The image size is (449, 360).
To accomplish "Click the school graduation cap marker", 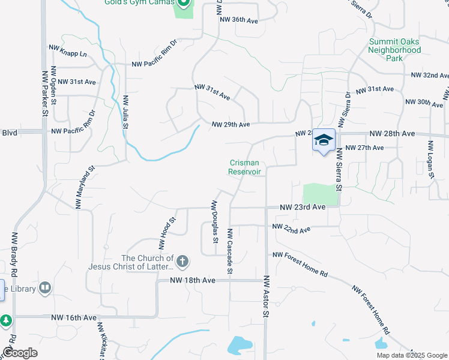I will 324,140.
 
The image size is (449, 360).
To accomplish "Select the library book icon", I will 44,289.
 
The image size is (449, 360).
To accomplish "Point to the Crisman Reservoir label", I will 246,167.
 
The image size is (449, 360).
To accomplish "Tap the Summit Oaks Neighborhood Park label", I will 394,50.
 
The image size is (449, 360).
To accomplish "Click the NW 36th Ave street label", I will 238,20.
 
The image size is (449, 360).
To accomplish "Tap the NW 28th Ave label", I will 392,133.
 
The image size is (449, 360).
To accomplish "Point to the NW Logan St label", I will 430,160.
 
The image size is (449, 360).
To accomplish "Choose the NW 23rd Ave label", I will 303,207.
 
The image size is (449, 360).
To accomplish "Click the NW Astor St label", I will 265,296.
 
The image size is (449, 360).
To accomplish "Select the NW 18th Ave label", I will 192,280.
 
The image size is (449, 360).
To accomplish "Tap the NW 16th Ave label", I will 74,317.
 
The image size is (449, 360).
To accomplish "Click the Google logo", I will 20,353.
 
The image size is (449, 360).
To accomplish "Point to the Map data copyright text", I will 412,355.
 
